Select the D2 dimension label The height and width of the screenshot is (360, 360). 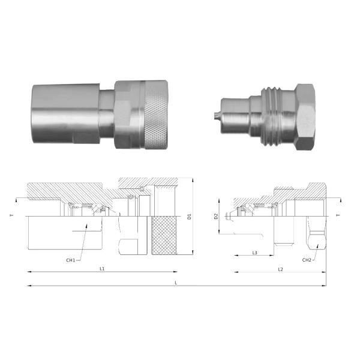[216, 215]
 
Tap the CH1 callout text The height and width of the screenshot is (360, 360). [71, 260]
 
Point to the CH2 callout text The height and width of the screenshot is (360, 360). [307, 260]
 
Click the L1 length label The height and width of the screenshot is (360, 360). [102, 269]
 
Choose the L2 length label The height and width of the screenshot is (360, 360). [280, 269]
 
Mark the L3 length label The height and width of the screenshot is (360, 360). [254, 253]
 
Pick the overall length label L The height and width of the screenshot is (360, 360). [175, 282]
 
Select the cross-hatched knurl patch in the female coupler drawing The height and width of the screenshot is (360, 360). [166, 235]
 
